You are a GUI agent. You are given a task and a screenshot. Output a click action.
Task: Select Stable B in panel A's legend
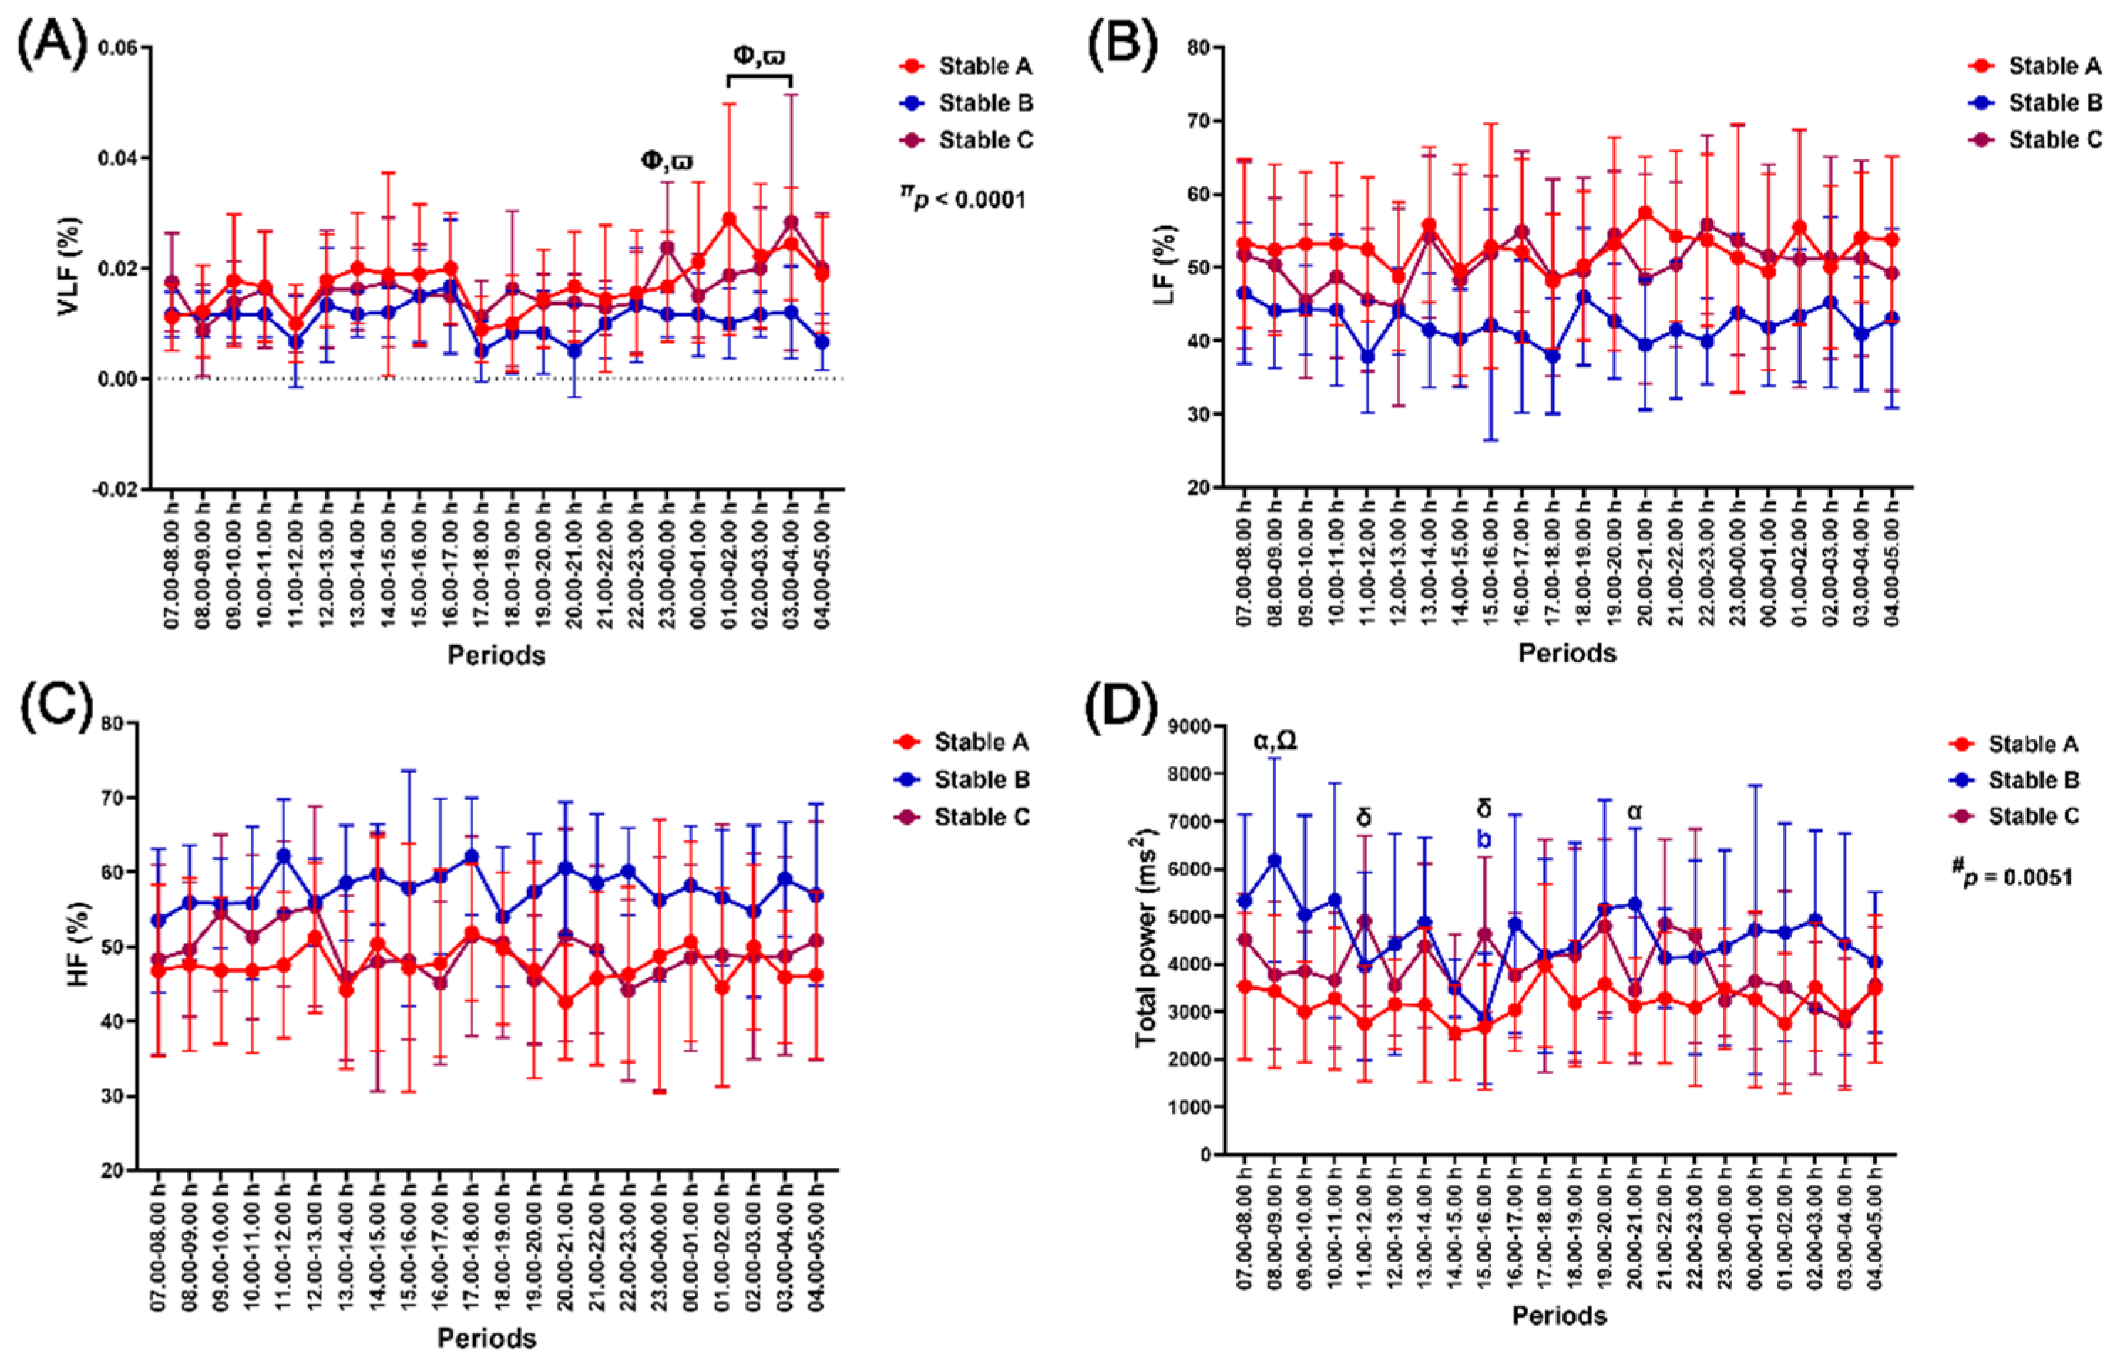point(985,103)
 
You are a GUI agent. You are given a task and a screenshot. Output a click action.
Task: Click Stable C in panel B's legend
point(2055,139)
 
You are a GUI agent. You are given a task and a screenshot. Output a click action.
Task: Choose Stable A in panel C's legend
point(981,741)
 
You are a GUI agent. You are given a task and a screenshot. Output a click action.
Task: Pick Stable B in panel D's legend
point(2034,780)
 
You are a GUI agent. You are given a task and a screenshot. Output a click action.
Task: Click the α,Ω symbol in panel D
point(1275,741)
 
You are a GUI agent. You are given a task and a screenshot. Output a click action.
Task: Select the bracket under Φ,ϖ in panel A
point(760,78)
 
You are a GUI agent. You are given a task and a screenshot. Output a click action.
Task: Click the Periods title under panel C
point(486,1337)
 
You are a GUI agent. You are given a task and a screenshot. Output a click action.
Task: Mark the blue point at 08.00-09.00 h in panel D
point(1274,860)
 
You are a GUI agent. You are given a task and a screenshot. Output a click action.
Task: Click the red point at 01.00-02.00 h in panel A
point(729,218)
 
